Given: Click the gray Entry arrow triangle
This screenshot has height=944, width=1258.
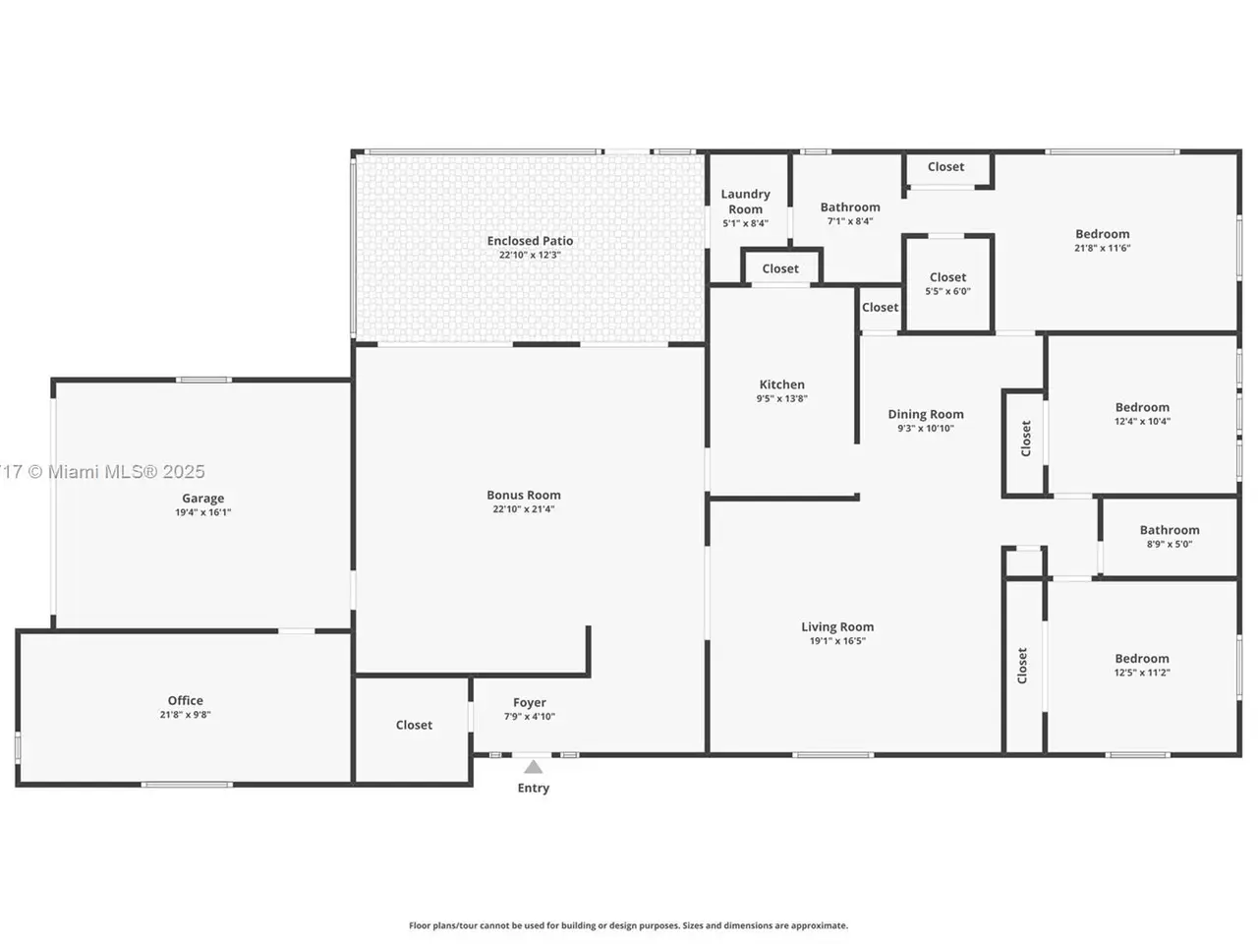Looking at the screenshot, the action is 533,767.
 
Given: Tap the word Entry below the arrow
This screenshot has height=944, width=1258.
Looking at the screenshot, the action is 533,788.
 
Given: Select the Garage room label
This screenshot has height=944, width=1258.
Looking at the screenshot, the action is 202,499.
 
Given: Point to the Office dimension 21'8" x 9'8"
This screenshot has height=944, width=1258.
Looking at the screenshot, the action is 185,715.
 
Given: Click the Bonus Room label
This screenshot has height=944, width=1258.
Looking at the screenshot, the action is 524,496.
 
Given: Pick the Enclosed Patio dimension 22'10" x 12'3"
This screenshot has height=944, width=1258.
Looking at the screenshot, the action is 530,255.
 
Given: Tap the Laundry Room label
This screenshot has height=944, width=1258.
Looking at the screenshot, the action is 745,202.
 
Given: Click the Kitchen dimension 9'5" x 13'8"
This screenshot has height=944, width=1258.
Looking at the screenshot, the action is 781,399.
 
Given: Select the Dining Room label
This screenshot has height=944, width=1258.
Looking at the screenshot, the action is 926,414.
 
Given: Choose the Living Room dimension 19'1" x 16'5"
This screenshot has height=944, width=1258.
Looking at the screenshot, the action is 837,641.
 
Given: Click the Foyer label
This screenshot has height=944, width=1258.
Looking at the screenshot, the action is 530,703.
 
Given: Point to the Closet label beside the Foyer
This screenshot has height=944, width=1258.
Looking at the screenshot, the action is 414,725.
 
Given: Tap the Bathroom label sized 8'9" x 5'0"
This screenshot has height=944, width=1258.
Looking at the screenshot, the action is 1170,530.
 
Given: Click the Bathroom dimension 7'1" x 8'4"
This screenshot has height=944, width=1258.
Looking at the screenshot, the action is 850,221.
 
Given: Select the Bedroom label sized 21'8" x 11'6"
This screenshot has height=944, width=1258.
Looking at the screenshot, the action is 1102,234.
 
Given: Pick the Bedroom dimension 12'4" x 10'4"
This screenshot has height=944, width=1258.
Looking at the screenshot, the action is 1142,421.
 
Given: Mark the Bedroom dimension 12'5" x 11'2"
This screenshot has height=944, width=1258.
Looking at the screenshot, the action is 1142,673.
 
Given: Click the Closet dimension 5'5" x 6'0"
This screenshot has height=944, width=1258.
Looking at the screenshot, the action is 947,291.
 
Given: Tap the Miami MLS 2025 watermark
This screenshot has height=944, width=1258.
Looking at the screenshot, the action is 102,472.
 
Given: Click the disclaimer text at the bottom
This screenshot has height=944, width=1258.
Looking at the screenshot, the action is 628,925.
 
